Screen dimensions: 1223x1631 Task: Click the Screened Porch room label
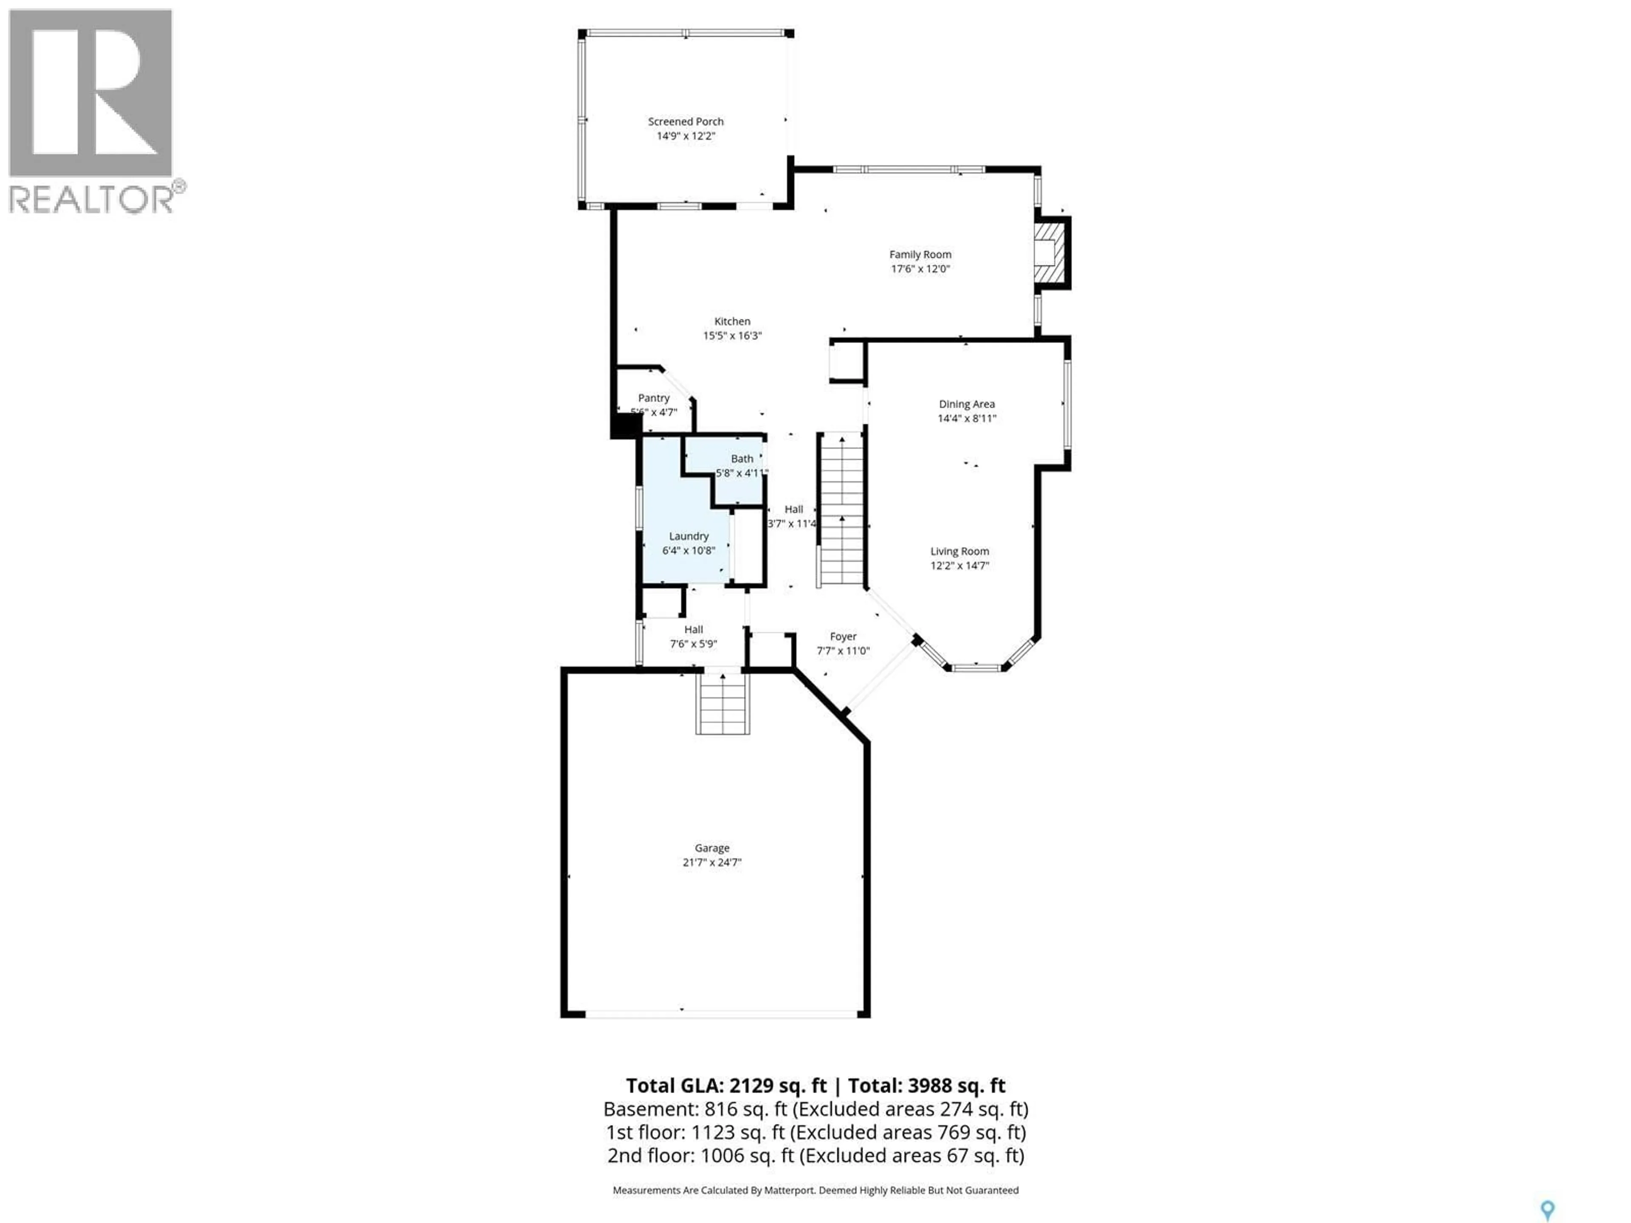coord(685,121)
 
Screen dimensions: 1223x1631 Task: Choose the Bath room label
coord(742,459)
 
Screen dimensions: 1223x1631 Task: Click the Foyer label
coord(843,636)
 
